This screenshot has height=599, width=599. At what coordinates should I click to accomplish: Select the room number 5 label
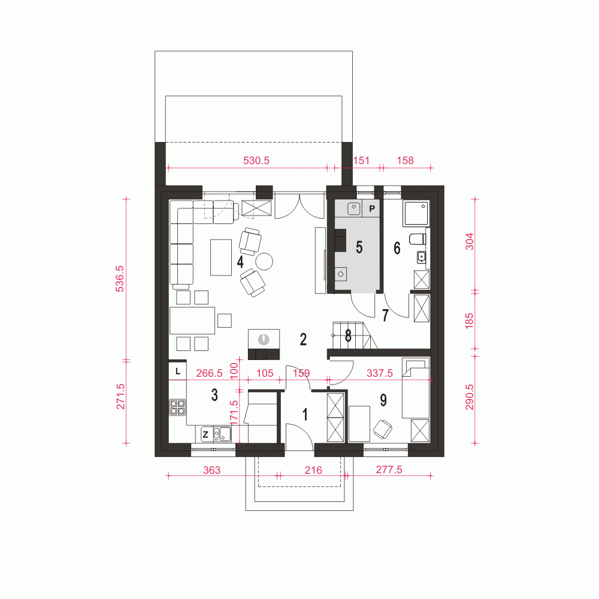click(359, 247)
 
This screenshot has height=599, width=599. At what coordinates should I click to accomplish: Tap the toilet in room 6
click(417, 239)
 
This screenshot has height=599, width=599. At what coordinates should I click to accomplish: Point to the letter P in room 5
click(372, 208)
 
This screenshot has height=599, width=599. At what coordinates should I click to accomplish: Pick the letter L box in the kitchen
click(178, 371)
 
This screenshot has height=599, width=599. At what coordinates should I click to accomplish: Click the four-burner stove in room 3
click(177, 407)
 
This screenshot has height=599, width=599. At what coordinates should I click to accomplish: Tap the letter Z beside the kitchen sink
click(205, 434)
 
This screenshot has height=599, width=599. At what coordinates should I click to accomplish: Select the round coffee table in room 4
click(264, 261)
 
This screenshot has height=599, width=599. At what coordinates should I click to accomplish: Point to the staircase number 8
click(348, 335)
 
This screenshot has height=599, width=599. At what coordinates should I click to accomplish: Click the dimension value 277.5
click(389, 470)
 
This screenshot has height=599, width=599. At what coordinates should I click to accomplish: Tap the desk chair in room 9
click(382, 428)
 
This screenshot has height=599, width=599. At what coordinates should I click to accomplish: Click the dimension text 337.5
click(379, 373)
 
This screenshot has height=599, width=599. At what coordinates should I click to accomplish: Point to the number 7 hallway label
click(385, 315)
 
